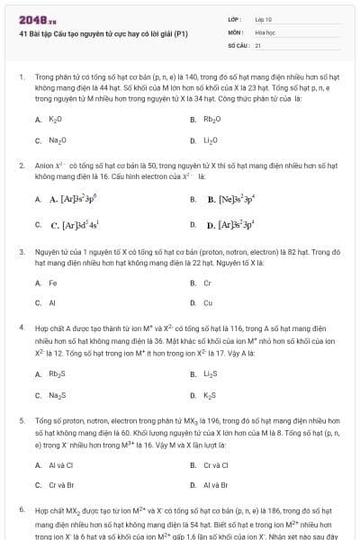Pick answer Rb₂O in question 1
(211, 119)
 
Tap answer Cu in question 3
(208, 303)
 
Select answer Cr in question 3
(207, 283)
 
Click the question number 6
(21, 509)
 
